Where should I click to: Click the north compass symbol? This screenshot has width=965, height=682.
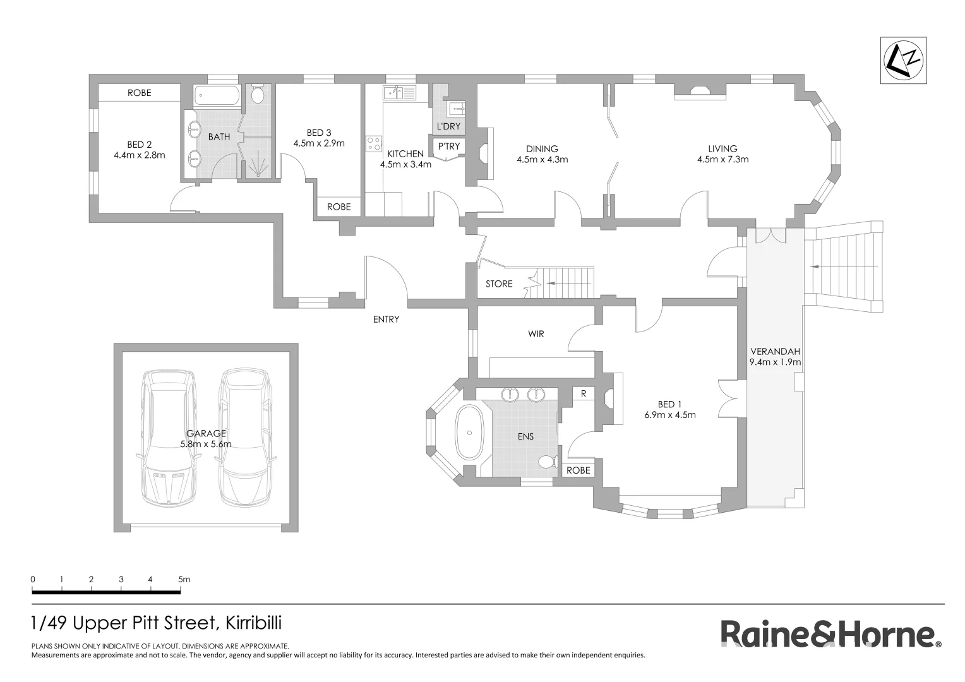(905, 60)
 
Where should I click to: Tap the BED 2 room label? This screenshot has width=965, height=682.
(139, 145)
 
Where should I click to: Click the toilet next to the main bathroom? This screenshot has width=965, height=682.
(258, 95)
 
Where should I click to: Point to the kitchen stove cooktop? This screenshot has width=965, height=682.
(373, 143)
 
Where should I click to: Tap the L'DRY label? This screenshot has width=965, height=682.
(448, 126)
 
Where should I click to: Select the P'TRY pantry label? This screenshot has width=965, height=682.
(448, 147)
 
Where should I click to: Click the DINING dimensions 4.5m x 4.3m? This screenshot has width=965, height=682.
(542, 160)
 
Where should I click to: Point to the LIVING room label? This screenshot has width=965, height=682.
(722, 149)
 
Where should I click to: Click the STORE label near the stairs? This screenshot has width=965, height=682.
(499, 284)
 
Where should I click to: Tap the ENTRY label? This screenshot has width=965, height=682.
(386, 320)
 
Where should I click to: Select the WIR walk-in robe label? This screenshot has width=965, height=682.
(536, 333)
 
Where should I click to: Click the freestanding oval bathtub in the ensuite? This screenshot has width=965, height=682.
(469, 433)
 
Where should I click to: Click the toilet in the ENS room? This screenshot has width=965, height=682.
(546, 462)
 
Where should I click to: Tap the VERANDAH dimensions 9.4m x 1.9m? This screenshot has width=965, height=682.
(775, 362)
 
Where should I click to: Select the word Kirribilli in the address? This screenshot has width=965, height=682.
(251, 623)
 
